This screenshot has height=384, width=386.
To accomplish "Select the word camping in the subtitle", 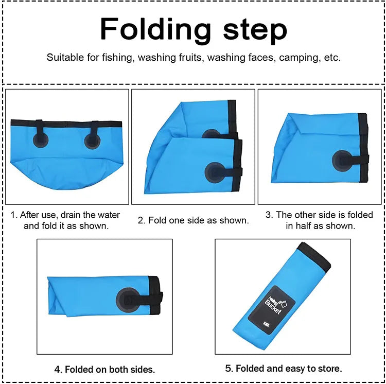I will click(298, 58).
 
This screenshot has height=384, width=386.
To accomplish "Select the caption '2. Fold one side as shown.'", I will click(193, 220).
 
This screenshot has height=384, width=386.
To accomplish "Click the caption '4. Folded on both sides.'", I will click(104, 369).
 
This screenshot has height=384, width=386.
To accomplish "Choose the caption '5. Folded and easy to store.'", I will click(283, 369).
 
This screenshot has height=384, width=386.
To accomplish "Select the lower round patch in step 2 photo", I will click(215, 172).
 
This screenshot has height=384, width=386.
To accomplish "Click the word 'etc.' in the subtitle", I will click(332, 58).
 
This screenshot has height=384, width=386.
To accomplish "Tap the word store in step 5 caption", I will click(329, 369).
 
